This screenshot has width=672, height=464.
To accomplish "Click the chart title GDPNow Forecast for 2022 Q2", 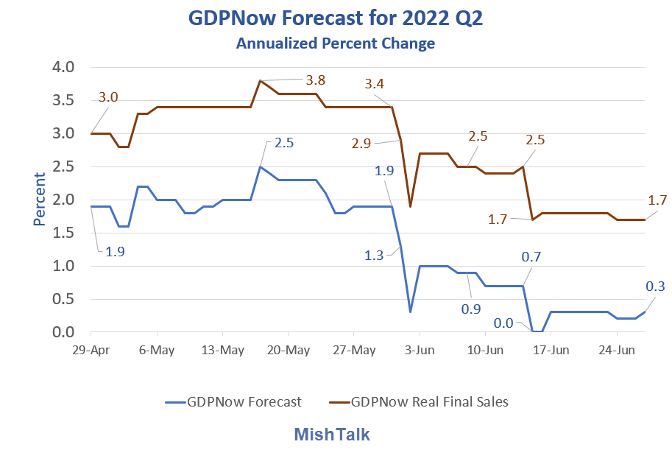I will pyautogui.click(x=335, y=18).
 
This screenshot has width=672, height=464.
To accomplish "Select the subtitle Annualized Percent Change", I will pyautogui.click(x=335, y=43).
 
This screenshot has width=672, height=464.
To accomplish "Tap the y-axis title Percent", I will pyautogui.click(x=40, y=199).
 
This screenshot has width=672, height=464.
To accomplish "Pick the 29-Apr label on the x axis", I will pyautogui.click(x=91, y=350).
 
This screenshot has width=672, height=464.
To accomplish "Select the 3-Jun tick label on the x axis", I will pyautogui.click(x=420, y=350).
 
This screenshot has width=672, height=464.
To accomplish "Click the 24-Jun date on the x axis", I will pyautogui.click(x=615, y=350).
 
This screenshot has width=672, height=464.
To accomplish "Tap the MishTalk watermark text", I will pyautogui.click(x=332, y=435).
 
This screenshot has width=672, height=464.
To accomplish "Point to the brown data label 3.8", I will pyautogui.click(x=316, y=80).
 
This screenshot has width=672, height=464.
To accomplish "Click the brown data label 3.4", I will pyautogui.click(x=374, y=84).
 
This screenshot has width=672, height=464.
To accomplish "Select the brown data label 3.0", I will pyautogui.click(x=108, y=98).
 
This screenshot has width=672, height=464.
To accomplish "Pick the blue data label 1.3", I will pyautogui.click(x=374, y=255).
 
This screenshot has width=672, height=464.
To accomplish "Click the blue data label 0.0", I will pyautogui.click(x=503, y=323).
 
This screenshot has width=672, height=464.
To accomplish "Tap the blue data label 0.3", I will pyautogui.click(x=655, y=287).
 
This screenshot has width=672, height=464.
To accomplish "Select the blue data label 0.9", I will pyautogui.click(x=470, y=309).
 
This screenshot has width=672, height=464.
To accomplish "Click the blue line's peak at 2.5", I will pyautogui.click(x=260, y=166).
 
